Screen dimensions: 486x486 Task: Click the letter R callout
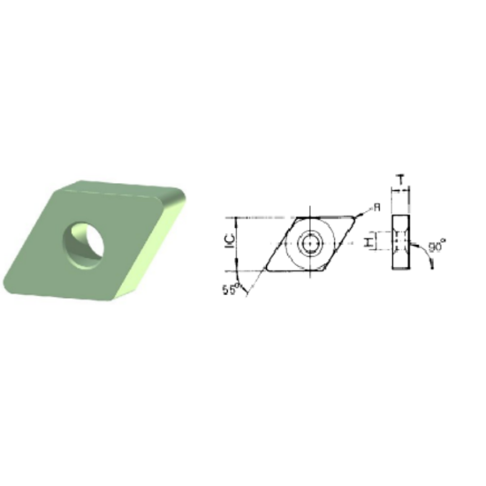(x=376, y=206)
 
